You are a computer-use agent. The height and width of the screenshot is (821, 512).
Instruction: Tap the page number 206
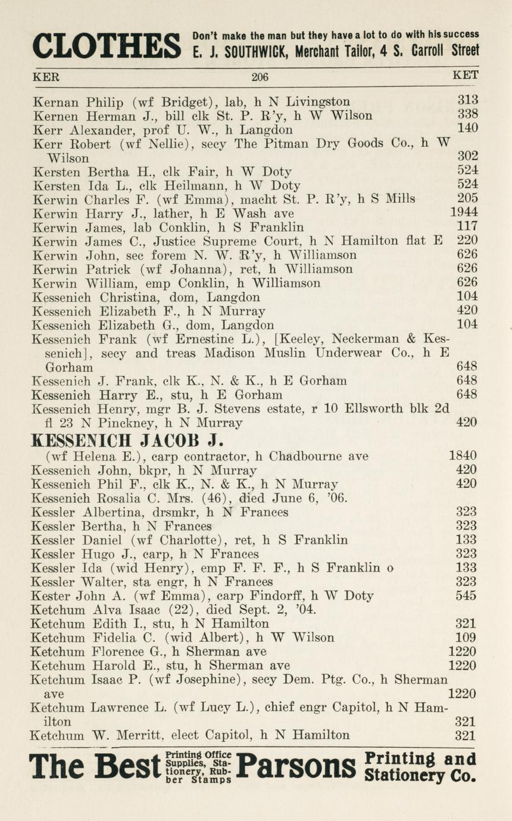tap(260, 76)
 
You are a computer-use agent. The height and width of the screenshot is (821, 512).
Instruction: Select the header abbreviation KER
tap(46, 76)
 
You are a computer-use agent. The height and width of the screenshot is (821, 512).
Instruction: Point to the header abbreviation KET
tap(465, 76)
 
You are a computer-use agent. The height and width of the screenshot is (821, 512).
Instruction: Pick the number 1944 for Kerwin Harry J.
tap(464, 212)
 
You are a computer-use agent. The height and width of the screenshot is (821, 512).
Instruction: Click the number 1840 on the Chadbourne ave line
tap(463, 456)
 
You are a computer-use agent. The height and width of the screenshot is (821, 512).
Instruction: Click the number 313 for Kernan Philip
tap(467, 100)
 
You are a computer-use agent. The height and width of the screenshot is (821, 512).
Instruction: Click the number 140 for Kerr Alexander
tap(467, 128)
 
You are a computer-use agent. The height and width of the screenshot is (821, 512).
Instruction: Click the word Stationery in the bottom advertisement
tap(403, 776)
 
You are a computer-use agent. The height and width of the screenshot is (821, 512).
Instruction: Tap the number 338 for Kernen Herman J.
tap(467, 114)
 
